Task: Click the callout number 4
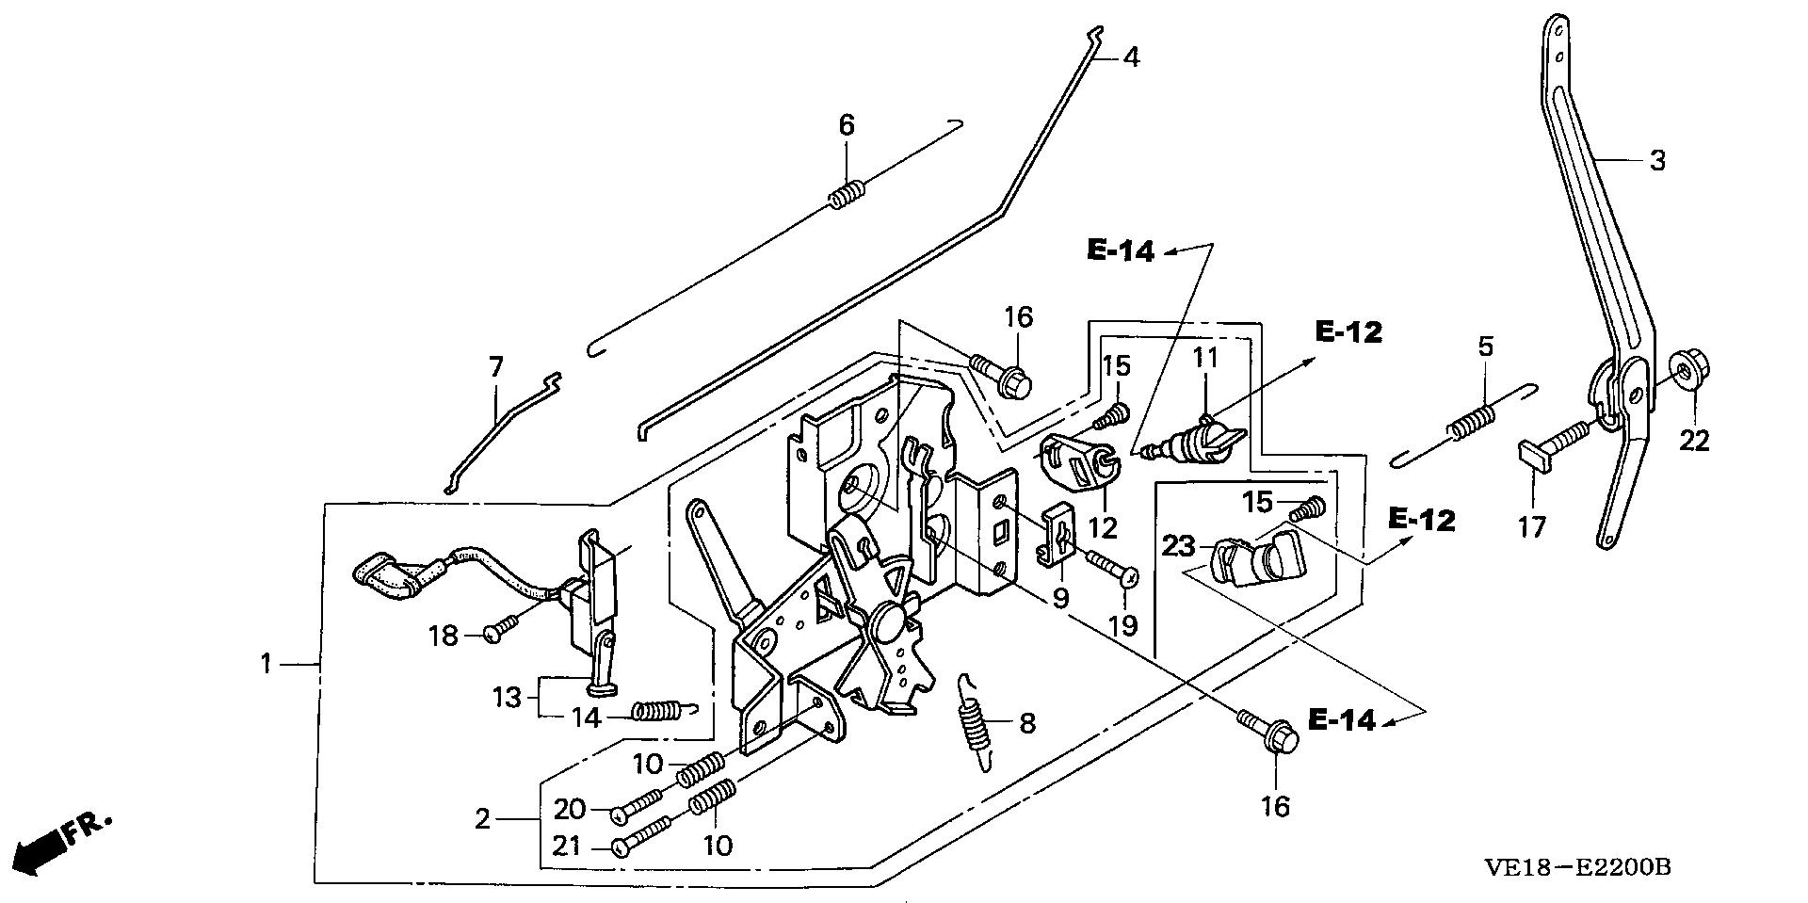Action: [1131, 57]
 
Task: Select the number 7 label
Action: [496, 366]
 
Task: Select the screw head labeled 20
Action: [621, 812]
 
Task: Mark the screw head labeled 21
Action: [621, 847]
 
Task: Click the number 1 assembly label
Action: [266, 665]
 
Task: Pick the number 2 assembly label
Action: [482, 820]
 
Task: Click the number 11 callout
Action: [1205, 358]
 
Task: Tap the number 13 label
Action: [506, 698]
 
